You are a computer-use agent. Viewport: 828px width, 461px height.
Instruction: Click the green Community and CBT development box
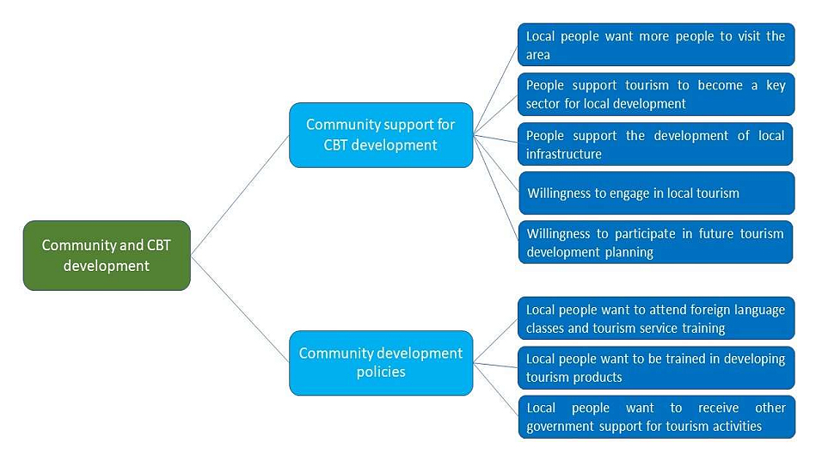tap(107, 255)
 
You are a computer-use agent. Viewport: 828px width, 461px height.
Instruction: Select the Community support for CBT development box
tap(381, 135)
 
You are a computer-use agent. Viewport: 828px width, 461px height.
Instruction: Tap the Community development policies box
tap(381, 363)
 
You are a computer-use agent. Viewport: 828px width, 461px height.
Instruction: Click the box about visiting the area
tap(656, 45)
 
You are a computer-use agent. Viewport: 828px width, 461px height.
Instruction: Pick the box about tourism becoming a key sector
tap(656, 95)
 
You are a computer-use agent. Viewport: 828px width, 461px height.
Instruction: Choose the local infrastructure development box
tap(655, 144)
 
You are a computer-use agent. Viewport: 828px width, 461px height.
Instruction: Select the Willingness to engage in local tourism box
tap(656, 193)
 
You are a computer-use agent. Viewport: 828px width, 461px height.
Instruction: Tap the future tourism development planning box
tap(655, 243)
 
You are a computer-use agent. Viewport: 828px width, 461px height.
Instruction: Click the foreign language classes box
tap(656, 318)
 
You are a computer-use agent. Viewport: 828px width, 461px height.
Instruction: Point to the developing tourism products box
tap(656, 367)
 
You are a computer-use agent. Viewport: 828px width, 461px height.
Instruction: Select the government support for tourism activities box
tap(656, 416)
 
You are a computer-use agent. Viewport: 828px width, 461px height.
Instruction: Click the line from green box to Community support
tap(240, 195)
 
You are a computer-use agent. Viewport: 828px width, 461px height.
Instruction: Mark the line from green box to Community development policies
tap(240, 310)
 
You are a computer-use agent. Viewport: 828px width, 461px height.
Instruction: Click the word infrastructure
tap(563, 154)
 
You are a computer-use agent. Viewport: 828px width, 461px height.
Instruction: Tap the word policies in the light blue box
tap(381, 372)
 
